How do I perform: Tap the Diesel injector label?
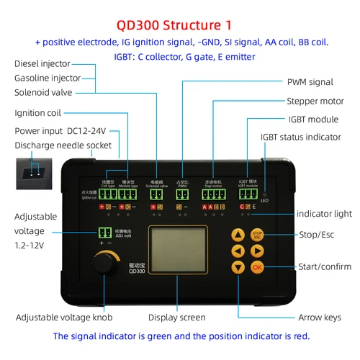[42, 63]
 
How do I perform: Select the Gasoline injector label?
[47, 78]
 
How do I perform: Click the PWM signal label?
[310, 83]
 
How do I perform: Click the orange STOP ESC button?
[257, 235]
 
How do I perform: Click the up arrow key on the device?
[238, 235]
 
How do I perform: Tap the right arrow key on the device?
[257, 251]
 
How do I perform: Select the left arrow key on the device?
[238, 251]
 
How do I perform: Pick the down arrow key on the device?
[238, 267]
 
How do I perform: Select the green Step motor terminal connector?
[213, 194]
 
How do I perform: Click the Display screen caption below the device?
[177, 318]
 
